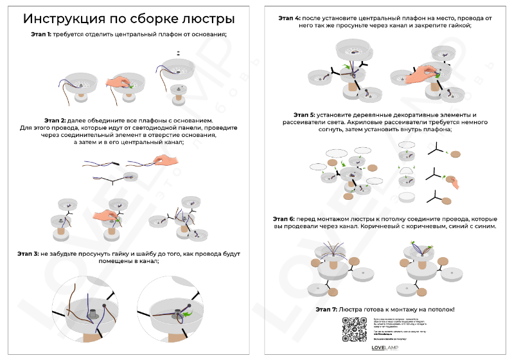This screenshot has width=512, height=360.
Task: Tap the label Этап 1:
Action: point(42,33)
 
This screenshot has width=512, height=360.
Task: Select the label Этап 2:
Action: point(55,120)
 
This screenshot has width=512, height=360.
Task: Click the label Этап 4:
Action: point(290,19)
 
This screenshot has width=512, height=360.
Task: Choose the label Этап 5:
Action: point(305,114)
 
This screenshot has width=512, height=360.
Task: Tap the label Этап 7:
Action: point(326,309)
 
